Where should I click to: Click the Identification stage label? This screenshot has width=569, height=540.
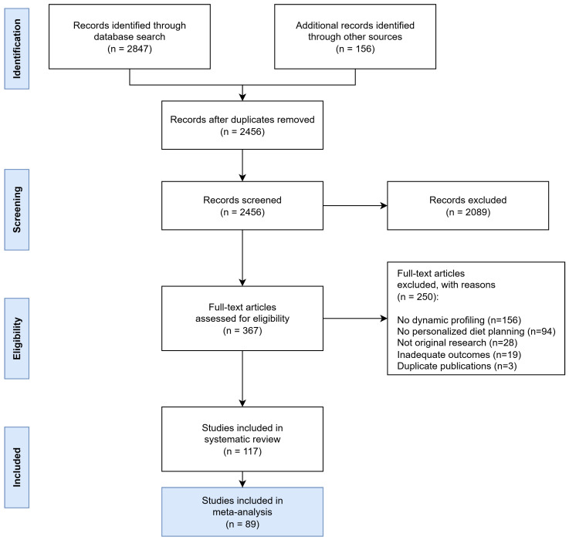(17, 49)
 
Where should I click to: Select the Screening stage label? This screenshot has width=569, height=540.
(17, 210)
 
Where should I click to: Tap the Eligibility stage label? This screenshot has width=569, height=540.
(17, 339)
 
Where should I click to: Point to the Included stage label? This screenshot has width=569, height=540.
(17, 467)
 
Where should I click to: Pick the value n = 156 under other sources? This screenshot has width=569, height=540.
(355, 49)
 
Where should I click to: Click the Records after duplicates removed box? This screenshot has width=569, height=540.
(242, 125)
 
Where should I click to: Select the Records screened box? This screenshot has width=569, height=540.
(242, 206)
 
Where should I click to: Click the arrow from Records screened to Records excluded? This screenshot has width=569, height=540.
(355, 206)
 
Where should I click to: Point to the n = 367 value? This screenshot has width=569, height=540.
(242, 330)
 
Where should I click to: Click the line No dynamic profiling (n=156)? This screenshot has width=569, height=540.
(459, 320)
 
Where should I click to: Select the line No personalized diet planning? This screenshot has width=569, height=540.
(476, 331)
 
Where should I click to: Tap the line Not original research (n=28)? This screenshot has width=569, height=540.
(457, 343)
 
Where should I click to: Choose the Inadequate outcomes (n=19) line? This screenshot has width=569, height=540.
(459, 354)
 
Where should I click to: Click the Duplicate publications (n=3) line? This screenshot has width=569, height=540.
(457, 366)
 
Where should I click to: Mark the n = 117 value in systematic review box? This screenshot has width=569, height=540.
(242, 451)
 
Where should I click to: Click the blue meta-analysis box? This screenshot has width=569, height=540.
(242, 511)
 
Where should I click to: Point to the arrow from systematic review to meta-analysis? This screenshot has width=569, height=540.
(242, 479)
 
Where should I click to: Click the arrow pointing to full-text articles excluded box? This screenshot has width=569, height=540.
(355, 319)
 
